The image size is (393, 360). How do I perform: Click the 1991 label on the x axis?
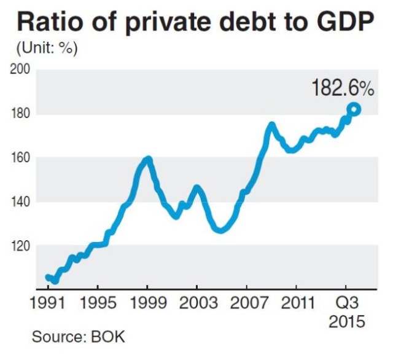coord(48,304)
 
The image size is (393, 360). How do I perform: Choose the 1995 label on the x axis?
coord(98,304)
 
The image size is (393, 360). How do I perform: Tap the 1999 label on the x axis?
coord(147,304)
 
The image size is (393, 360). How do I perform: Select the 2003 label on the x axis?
coord(197,304)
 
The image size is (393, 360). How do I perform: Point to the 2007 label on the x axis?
coord(247,304)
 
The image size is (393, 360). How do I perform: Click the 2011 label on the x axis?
coord(297,304)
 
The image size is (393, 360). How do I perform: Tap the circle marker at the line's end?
coord(354,109)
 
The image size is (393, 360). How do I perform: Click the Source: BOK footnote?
coord(78,337)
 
